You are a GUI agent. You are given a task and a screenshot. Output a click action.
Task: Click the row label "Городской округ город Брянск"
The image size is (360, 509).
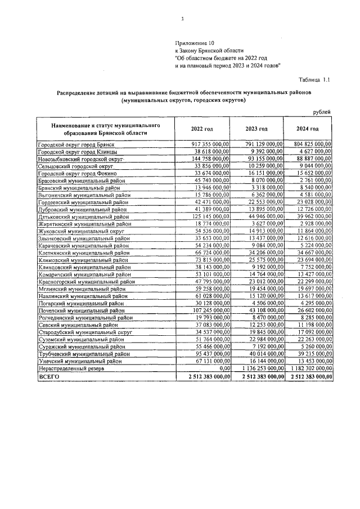[73, 145]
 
